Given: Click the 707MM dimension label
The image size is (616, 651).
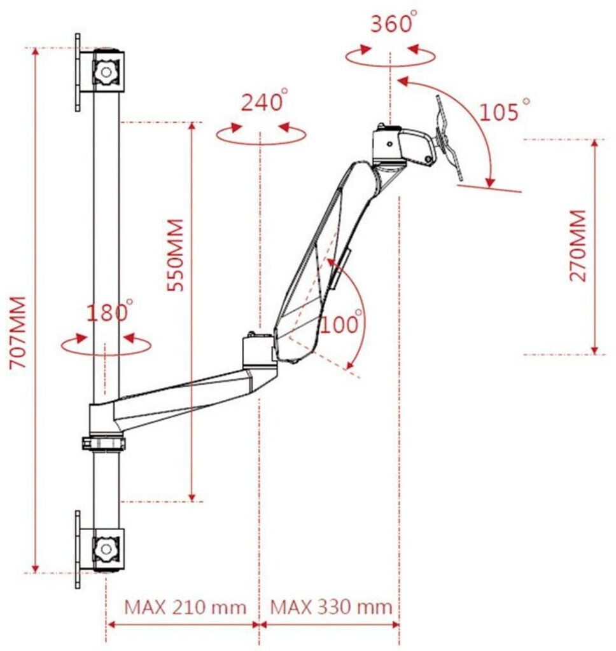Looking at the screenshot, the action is point(18,332).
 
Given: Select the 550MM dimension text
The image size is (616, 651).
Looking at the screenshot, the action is point(175,255).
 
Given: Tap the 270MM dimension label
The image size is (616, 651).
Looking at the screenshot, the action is point(578,246).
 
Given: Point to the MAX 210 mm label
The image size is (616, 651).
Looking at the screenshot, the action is point(185,607).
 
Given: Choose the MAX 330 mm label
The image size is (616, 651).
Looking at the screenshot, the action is point(332,607).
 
